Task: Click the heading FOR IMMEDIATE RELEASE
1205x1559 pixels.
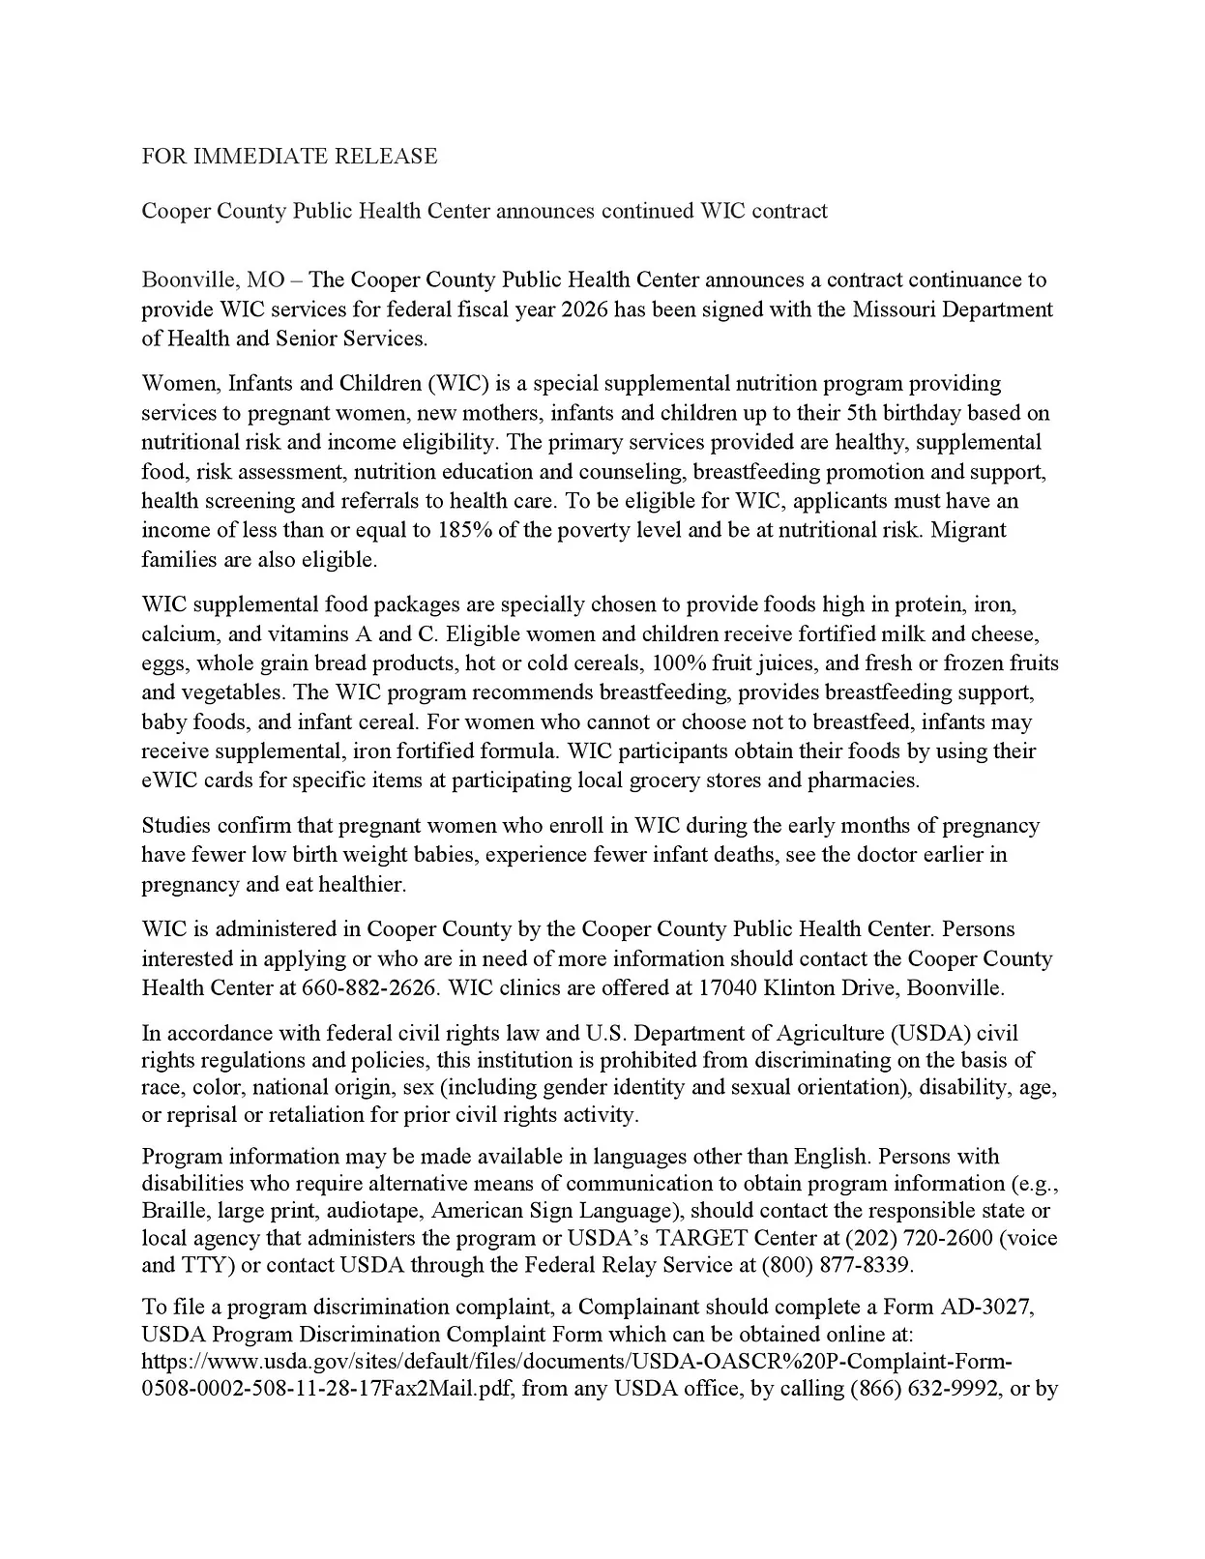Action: coord(289,156)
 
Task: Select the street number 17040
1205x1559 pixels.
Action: coord(727,987)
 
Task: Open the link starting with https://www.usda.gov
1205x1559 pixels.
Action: coord(576,1362)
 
